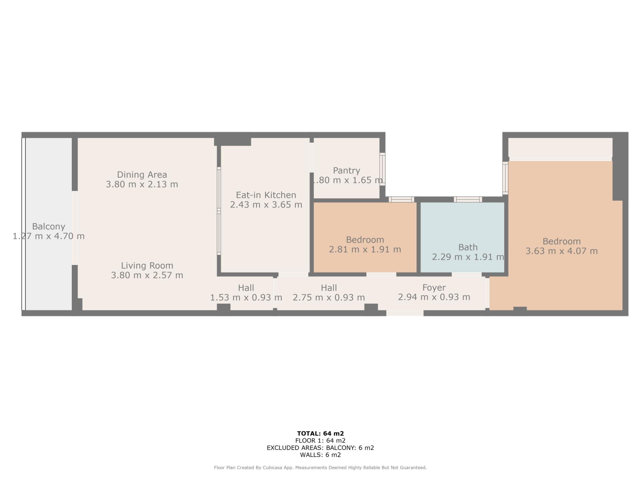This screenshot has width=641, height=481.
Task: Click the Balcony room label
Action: [x=48, y=226]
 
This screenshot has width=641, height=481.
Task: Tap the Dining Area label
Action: [x=142, y=175]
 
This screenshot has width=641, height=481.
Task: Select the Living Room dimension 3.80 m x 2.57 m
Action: [x=147, y=275]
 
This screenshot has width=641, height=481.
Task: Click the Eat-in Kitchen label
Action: [x=266, y=195]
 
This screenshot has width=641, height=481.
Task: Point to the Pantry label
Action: [x=347, y=171]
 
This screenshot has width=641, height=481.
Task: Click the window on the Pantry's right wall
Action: [x=382, y=169]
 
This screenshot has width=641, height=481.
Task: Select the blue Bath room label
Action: [x=468, y=248]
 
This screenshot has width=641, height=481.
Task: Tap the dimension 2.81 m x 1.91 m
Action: [x=365, y=250]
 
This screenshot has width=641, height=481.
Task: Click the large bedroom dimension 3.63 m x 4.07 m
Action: [x=562, y=251]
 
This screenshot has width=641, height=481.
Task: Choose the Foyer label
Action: [x=434, y=288]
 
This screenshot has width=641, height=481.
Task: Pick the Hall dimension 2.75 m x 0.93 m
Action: [x=329, y=297]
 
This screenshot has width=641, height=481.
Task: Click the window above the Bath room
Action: [x=468, y=199]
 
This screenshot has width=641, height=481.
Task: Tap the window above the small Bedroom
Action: [x=401, y=199]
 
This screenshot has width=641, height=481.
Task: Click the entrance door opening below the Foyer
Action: [x=405, y=313]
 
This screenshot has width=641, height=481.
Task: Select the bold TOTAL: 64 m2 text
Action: [x=320, y=434]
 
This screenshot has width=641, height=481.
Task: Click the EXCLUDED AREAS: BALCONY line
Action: [x=320, y=448]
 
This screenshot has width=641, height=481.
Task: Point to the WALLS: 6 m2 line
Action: [x=320, y=455]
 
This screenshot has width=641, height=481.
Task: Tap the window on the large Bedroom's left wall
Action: [x=505, y=178]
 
